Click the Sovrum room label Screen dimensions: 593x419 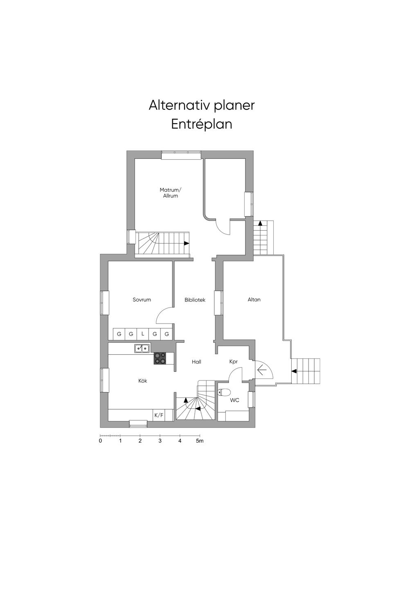point(142,300)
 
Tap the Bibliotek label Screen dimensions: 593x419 point(195,300)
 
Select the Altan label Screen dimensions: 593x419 point(254,300)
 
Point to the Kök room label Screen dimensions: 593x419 point(142,381)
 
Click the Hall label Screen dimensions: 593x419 point(196,362)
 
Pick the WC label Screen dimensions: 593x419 point(234,400)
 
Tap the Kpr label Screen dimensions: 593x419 point(234,362)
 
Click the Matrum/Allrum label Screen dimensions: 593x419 point(170,193)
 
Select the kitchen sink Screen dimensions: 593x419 point(142,349)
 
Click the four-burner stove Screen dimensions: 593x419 point(160,358)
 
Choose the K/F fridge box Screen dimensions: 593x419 point(159,415)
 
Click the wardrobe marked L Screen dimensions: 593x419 point(143,334)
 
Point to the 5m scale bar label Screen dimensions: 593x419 point(200,441)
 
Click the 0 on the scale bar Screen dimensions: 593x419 point(100,441)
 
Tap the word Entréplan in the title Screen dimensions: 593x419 point(202,124)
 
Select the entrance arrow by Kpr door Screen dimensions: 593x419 point(262,371)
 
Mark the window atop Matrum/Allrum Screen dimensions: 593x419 point(181,155)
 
